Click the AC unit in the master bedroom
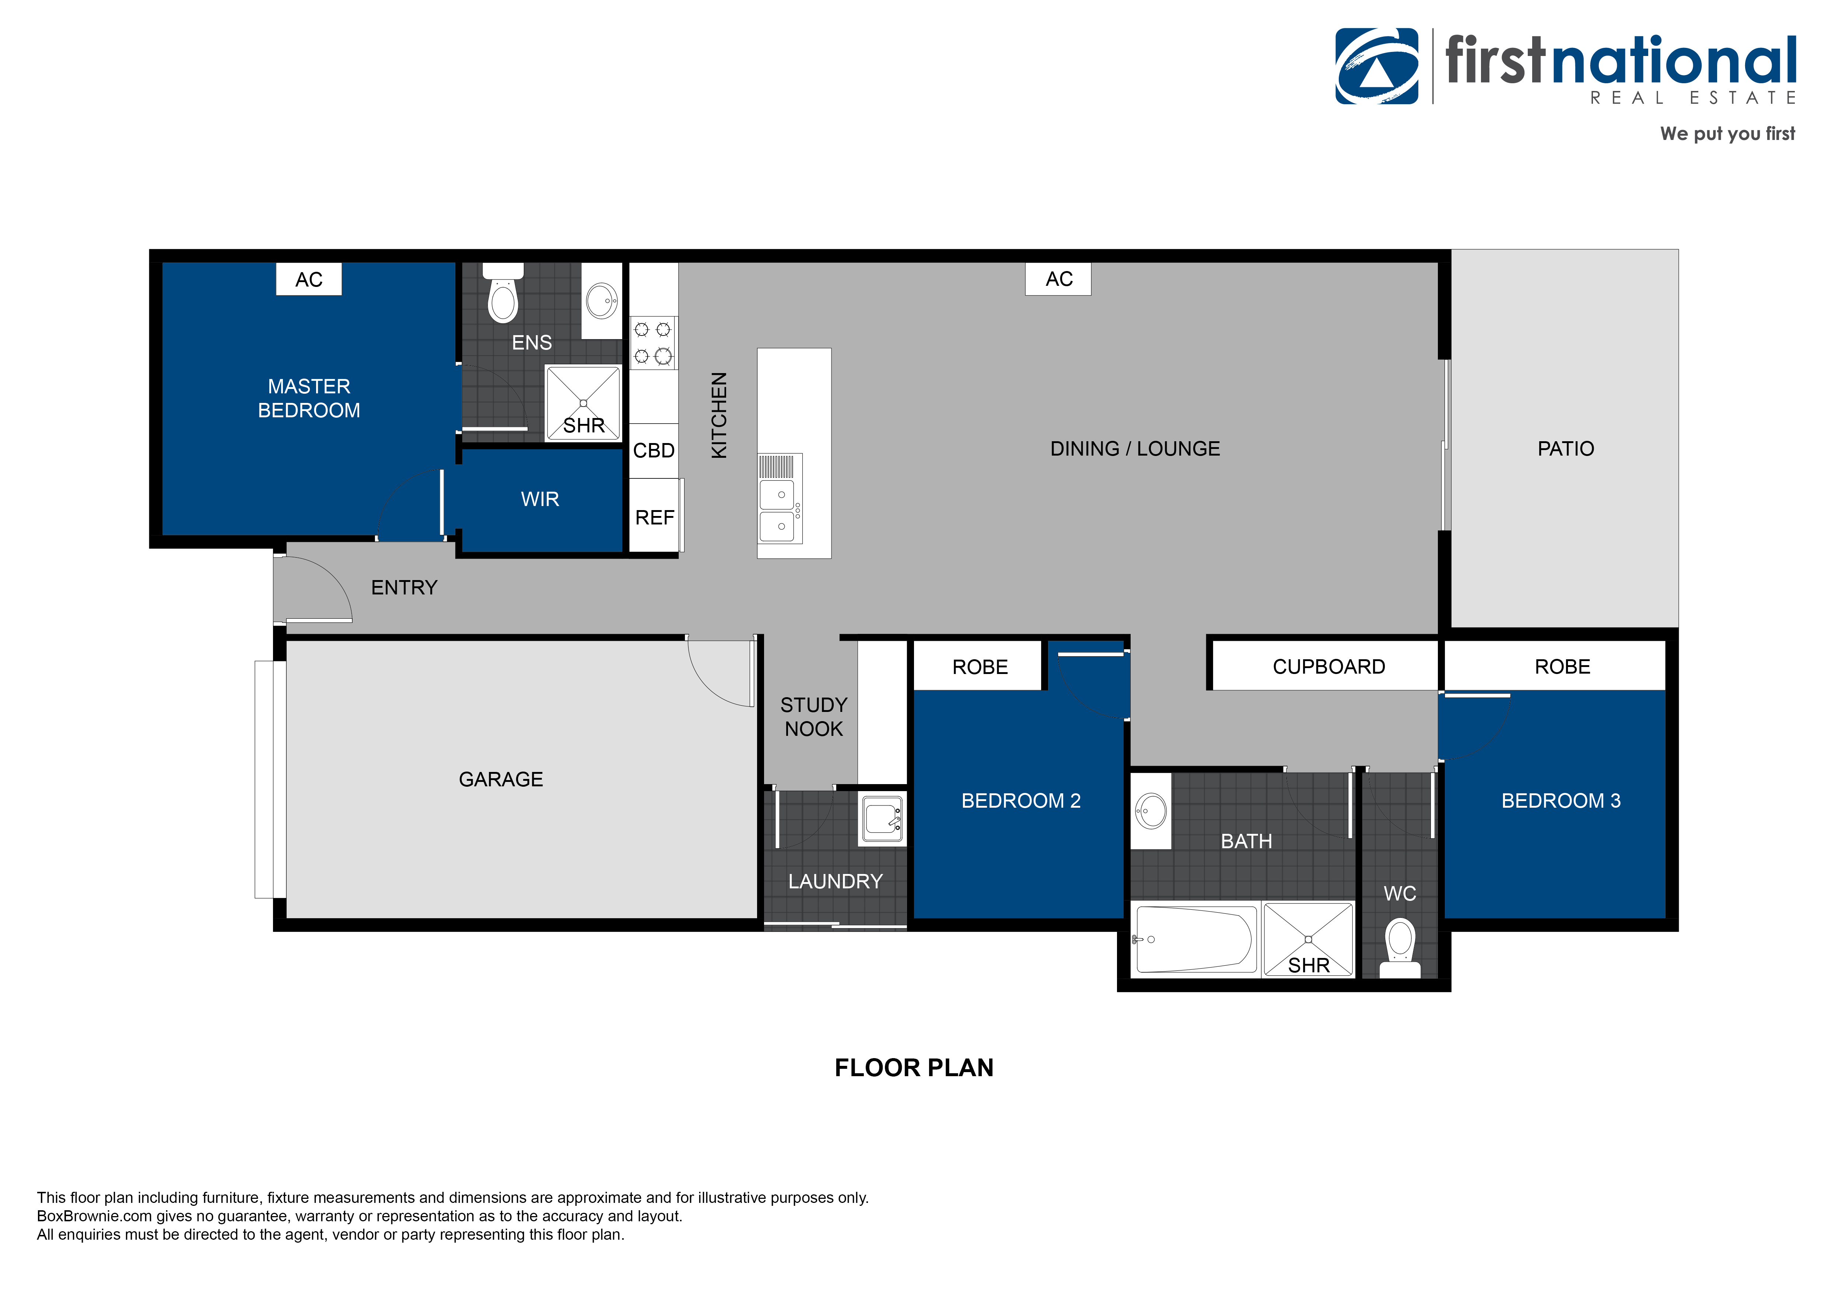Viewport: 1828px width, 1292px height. pyautogui.click(x=309, y=280)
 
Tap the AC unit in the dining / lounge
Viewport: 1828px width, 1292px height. pyautogui.click(x=1058, y=280)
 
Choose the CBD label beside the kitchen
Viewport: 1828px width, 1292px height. pyautogui.click(x=654, y=450)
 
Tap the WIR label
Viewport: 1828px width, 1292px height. pyautogui.click(x=540, y=499)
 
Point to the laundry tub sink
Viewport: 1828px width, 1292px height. pyautogui.click(x=882, y=819)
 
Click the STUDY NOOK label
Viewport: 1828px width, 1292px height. pyautogui.click(x=814, y=716)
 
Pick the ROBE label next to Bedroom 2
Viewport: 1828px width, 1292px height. pyautogui.click(x=980, y=667)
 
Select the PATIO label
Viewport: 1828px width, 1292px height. pyautogui.click(x=1565, y=449)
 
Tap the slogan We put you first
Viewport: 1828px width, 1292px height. pyautogui.click(x=1727, y=134)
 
